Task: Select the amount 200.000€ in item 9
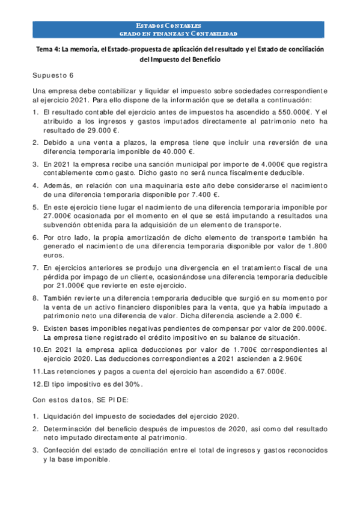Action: (306, 328)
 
